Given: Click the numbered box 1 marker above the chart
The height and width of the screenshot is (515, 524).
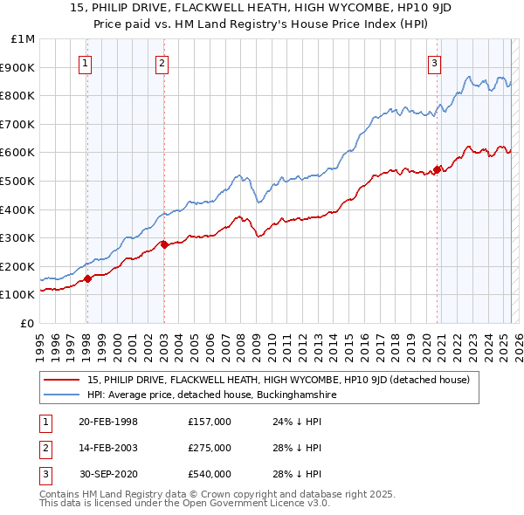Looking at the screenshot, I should [x=86, y=62].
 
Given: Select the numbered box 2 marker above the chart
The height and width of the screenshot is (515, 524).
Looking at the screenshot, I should [x=162, y=62].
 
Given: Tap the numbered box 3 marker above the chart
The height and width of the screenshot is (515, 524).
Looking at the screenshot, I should [x=434, y=62].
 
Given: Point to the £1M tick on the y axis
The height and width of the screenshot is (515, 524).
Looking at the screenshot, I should [x=24, y=39].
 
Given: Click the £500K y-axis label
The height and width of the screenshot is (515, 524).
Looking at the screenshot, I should [x=19, y=182].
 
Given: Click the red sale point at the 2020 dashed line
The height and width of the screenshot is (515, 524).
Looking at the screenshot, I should [x=437, y=169].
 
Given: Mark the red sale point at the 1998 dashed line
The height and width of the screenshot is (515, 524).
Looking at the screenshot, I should [x=87, y=279].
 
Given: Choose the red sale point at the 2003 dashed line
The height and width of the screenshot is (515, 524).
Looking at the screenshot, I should [x=164, y=245].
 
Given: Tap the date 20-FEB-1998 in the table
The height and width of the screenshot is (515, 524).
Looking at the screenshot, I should [x=108, y=422].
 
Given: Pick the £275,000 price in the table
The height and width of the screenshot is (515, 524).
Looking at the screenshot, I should [x=210, y=448].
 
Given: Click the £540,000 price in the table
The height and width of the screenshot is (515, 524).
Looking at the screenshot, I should [x=210, y=474].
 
